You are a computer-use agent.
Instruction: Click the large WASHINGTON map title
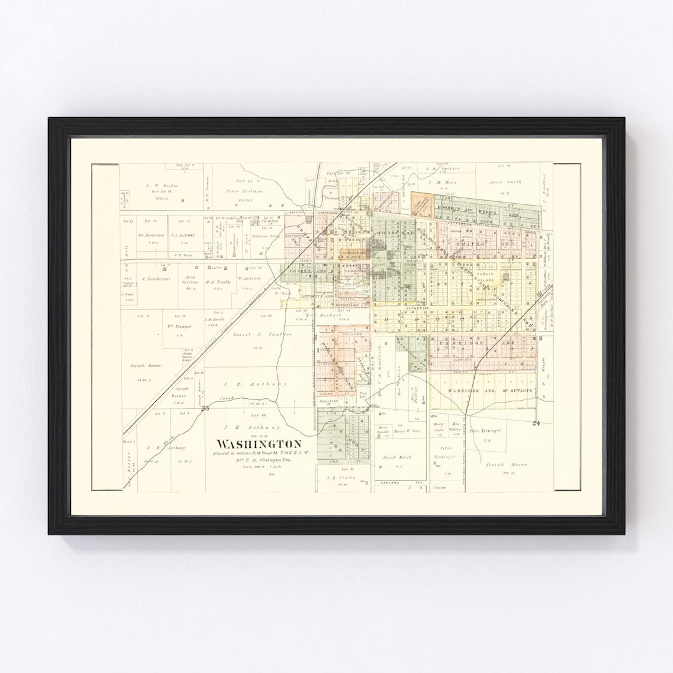[x=259, y=444]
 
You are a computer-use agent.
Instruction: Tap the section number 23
[x=204, y=409]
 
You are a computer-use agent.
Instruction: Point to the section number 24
[x=536, y=424]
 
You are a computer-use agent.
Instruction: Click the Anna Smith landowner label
[x=505, y=182]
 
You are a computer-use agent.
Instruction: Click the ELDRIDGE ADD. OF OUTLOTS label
[x=490, y=391]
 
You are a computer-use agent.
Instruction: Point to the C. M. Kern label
[x=443, y=183]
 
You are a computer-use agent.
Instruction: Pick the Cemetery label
[x=328, y=402]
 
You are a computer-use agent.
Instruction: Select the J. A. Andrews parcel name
[x=183, y=235]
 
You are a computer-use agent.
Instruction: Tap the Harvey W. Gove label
[x=408, y=431]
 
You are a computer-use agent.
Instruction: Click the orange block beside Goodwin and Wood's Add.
[x=421, y=204]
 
